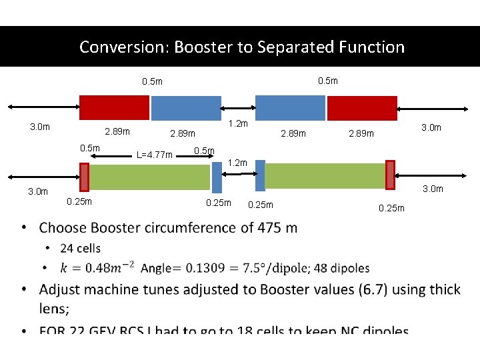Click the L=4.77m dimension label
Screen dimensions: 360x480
(154, 155)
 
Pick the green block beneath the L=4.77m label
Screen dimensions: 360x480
(149, 177)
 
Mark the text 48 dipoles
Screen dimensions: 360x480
(338, 268)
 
